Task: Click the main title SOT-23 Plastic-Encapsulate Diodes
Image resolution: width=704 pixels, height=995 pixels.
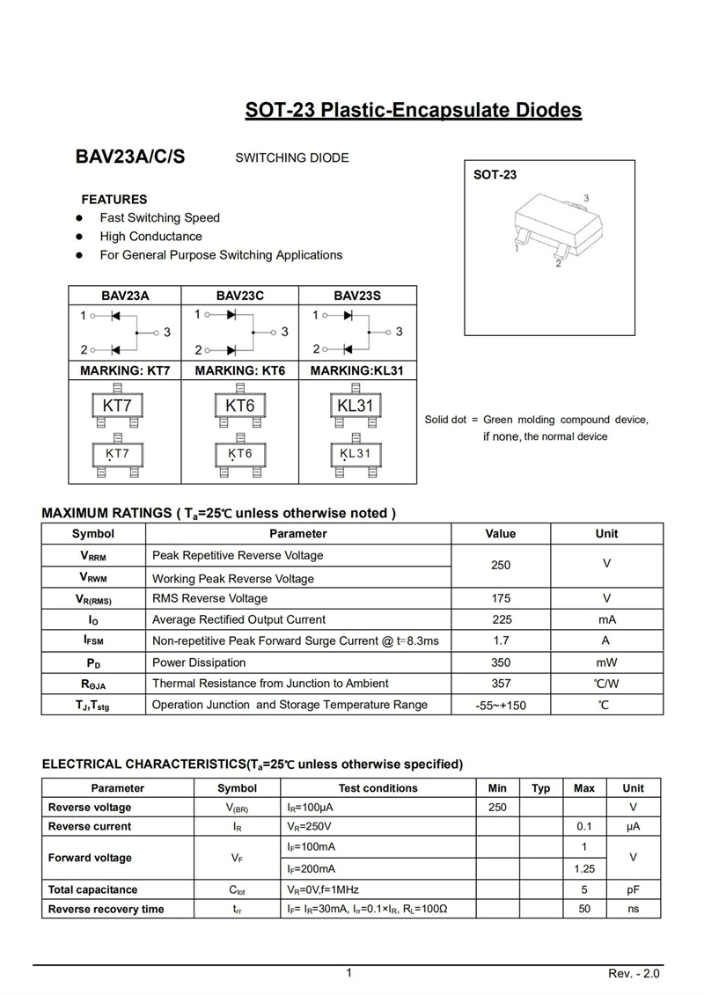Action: [x=413, y=111]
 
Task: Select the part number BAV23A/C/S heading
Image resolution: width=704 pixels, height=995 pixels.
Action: [x=130, y=157]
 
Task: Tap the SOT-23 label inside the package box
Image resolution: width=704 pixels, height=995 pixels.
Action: [x=495, y=175]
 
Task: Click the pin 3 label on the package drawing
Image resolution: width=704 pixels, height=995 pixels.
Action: [x=586, y=199]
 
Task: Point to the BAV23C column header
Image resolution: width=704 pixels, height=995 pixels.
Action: [x=239, y=296]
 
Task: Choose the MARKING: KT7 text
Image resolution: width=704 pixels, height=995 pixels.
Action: [x=125, y=371]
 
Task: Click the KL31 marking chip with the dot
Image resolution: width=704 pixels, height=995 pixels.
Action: [x=356, y=454]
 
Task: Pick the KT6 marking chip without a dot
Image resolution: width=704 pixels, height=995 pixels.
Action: [x=239, y=406]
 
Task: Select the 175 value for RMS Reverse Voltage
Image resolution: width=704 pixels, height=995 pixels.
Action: [x=501, y=598]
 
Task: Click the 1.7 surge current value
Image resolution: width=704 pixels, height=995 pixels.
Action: [x=501, y=641]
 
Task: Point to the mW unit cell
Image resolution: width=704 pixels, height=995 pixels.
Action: [x=606, y=662]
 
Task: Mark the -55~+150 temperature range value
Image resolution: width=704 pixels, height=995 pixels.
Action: [x=501, y=706]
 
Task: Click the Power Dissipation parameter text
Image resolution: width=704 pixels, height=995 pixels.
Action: [x=199, y=662]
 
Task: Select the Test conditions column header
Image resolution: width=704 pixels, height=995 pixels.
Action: [x=378, y=788]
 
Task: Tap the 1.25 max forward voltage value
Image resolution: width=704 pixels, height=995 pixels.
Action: [x=584, y=868]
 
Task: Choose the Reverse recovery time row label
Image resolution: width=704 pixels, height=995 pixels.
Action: [x=106, y=909]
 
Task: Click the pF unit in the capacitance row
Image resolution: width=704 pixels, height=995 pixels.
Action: [x=633, y=889]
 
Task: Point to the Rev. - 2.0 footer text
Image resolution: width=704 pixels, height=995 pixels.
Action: [x=634, y=974]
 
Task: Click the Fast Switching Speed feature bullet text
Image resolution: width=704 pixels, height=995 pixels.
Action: [x=159, y=217]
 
